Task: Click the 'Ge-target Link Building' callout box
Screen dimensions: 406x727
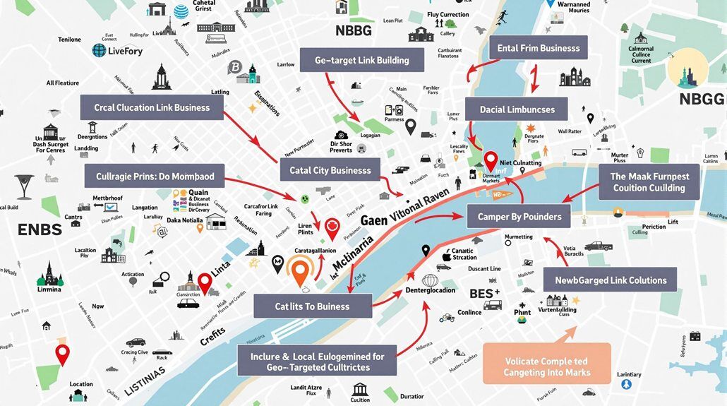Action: tap(361, 60)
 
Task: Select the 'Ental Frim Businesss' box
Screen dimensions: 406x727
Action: tap(539, 48)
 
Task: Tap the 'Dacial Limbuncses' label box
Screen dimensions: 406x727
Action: tap(517, 109)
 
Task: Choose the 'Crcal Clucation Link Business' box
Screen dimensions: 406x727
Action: tap(152, 107)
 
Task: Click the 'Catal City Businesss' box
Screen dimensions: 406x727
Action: tap(330, 170)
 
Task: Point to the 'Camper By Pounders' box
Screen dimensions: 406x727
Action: tap(519, 217)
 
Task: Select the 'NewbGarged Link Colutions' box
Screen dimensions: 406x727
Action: tap(611, 280)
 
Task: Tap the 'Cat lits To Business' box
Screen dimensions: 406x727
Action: tap(312, 306)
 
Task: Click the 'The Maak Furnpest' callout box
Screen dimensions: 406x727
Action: tap(649, 182)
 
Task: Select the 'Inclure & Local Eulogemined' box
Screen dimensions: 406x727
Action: tap(317, 362)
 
